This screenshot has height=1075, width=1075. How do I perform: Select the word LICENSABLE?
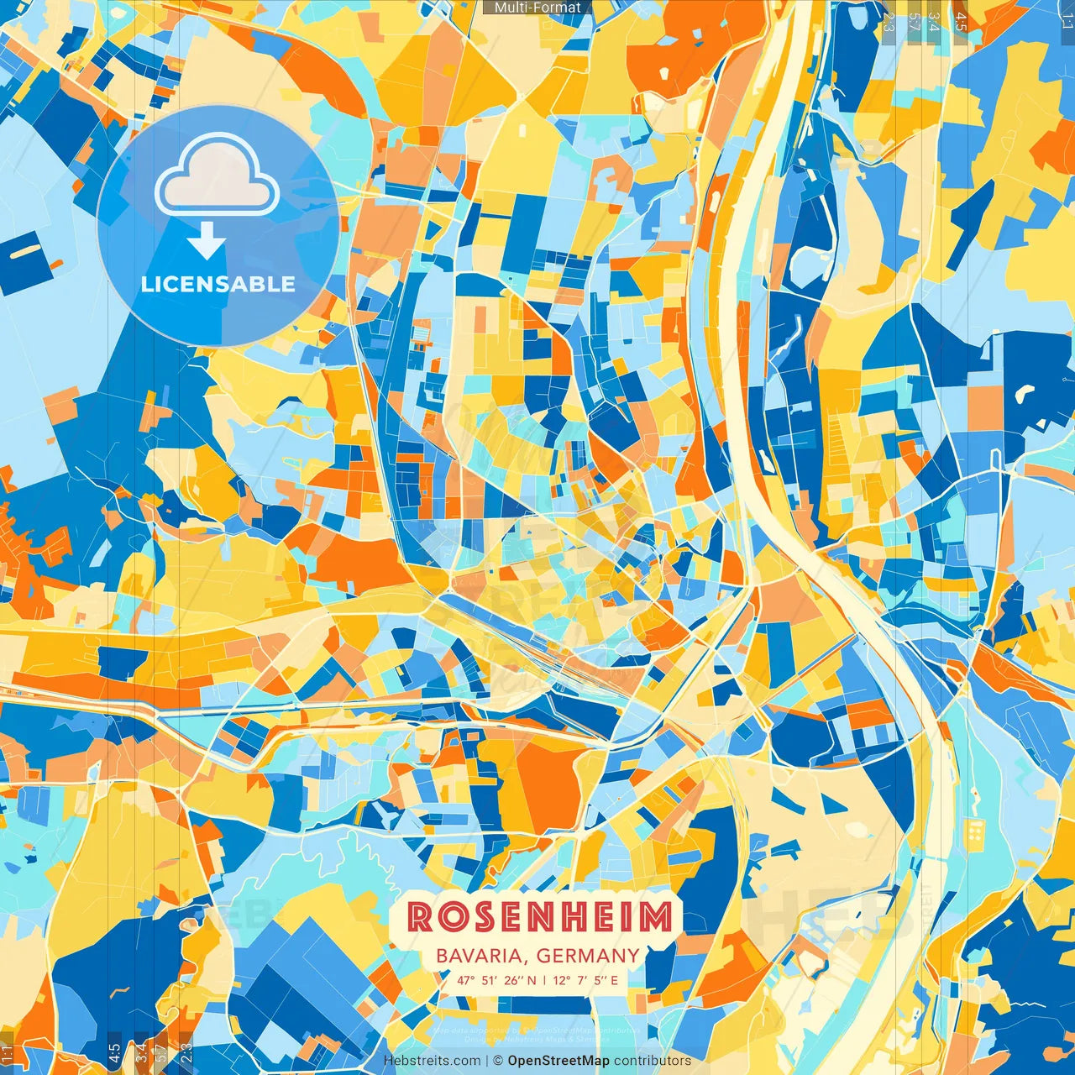click(x=218, y=284)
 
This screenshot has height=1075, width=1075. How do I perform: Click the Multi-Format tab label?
click(x=537, y=8)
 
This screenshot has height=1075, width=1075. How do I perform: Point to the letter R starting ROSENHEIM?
click(x=420, y=917)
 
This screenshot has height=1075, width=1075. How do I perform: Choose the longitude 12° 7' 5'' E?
click(x=585, y=979)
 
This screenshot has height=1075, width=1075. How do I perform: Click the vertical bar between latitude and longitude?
click(x=544, y=979)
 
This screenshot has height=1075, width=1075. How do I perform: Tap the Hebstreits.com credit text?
click(x=432, y=1061)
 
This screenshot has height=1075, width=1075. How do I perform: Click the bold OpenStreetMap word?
click(x=558, y=1061)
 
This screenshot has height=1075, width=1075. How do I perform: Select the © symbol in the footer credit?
click(x=497, y=1061)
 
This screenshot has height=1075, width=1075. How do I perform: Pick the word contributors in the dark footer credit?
click(x=653, y=1061)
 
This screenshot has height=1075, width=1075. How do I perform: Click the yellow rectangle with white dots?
click(x=976, y=832)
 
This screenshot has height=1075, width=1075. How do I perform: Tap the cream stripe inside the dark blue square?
click(x=25, y=249)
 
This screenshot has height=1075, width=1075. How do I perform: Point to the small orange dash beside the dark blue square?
click(x=55, y=265)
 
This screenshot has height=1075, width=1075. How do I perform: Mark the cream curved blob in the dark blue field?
click(x=1025, y=392)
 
